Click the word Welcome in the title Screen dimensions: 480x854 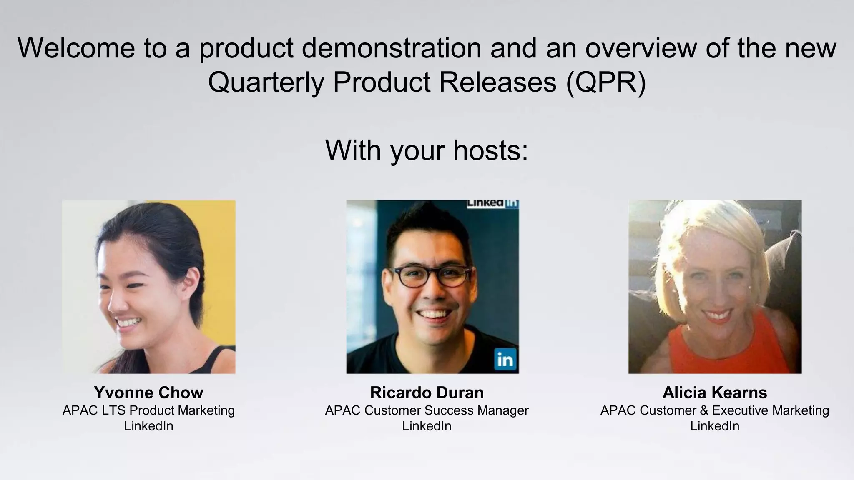tap(76, 48)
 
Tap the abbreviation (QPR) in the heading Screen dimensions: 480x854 tap(606, 82)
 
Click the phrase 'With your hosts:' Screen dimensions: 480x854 tap(427, 150)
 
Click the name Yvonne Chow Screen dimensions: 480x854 tap(148, 392)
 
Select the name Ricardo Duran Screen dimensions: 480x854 tap(427, 392)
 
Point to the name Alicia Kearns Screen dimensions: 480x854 tap(714, 392)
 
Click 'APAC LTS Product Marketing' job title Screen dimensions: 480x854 tap(148, 410)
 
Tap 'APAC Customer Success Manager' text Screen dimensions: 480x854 tap(427, 410)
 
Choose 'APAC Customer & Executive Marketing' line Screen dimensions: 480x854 tap(714, 410)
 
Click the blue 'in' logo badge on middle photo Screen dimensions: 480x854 tap(505, 359)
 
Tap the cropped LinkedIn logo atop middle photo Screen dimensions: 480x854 tap(492, 203)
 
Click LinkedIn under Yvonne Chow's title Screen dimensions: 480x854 tap(148, 426)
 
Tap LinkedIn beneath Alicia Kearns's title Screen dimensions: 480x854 tap(714, 426)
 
